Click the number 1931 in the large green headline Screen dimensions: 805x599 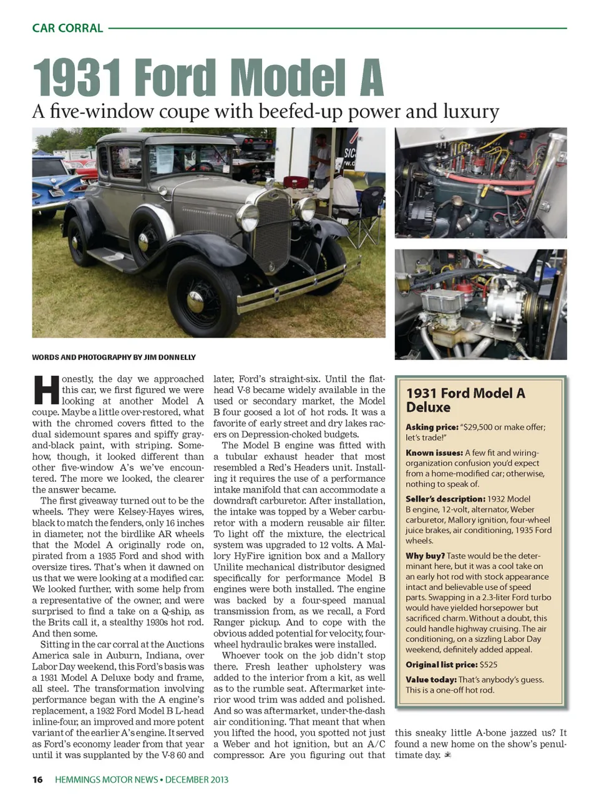coord(76,79)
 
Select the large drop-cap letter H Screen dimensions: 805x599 coord(45,390)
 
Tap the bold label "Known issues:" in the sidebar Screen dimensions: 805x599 coord(434,452)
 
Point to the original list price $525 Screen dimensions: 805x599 coord(489,665)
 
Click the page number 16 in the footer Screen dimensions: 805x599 coord(38,779)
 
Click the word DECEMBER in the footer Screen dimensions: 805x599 coord(187,779)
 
